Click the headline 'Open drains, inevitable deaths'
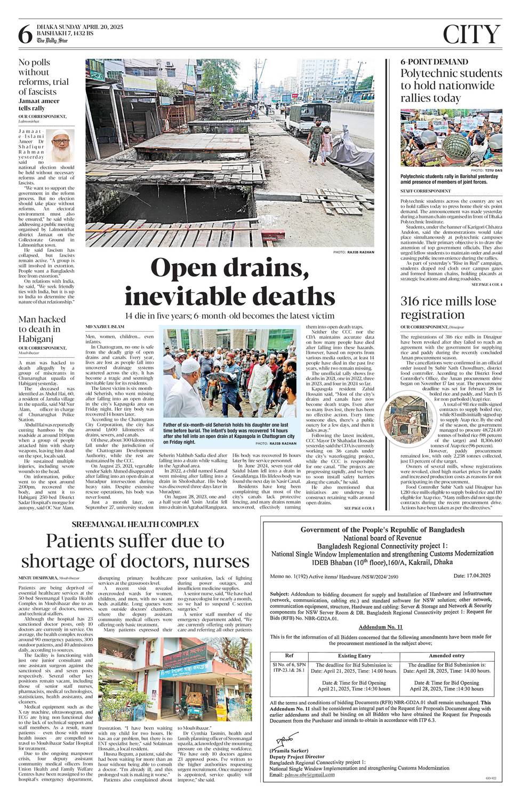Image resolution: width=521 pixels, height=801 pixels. tap(230, 282)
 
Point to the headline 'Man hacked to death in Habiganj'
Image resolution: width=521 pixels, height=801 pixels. tap(42, 328)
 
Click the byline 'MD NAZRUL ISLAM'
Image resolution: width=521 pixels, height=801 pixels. tap(105, 326)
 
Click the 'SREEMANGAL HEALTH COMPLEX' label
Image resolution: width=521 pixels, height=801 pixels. tap(135, 523)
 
